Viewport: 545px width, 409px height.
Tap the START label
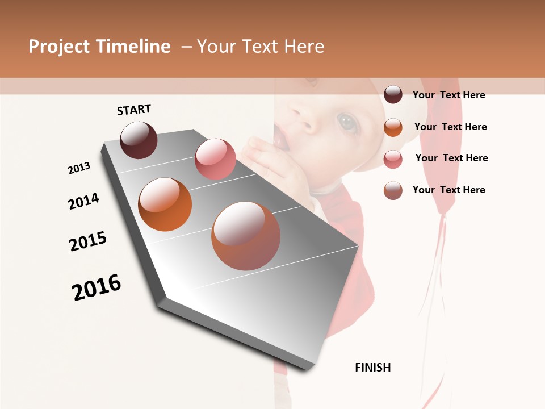134,110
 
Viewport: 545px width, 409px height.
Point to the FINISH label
373,368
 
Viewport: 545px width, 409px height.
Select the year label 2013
79,168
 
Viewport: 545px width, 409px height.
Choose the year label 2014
84,201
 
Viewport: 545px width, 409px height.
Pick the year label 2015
88,241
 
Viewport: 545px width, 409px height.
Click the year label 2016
97,287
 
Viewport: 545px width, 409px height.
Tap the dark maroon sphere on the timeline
139,140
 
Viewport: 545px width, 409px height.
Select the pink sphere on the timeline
215,159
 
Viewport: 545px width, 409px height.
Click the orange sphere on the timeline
165,204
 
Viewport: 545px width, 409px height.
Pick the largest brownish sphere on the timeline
246,236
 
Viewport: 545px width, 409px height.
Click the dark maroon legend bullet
393,94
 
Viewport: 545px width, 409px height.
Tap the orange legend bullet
393,127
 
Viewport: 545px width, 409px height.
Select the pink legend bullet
393,159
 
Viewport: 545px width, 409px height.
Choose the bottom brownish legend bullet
393,190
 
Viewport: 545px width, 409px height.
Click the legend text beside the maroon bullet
448,95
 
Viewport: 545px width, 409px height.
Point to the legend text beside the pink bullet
451,158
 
